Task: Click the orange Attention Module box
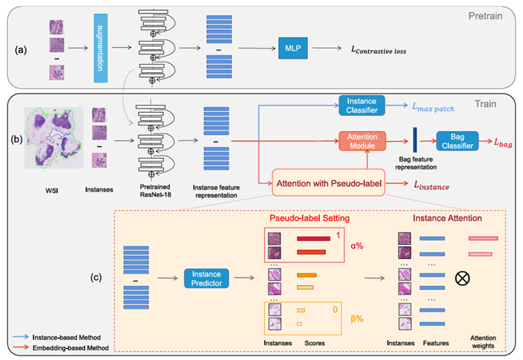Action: point(362,141)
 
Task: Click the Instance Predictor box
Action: point(208,278)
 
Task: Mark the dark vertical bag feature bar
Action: point(415,141)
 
